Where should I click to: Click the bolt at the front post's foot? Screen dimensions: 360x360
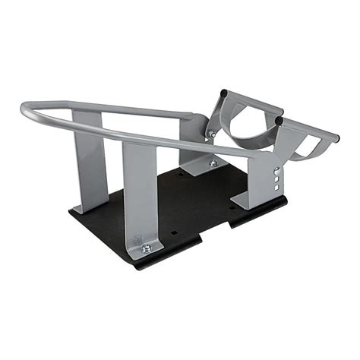click(x=146, y=248)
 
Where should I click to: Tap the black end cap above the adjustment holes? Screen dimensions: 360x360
click(x=279, y=120)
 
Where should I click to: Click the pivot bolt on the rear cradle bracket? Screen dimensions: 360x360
click(x=213, y=134)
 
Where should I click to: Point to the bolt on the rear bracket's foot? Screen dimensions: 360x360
click(x=213, y=163)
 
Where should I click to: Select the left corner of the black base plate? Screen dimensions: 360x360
click(x=71, y=212)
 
